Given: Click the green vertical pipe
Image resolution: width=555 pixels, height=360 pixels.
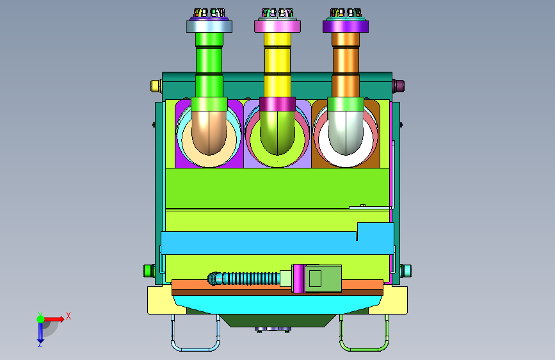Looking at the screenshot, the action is (209, 65).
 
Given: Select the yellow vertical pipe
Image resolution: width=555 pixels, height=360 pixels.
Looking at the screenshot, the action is (278, 65).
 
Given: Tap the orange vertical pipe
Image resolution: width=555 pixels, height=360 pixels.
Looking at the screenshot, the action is (346, 65).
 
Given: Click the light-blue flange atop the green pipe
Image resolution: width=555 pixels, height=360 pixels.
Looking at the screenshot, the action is (209, 26).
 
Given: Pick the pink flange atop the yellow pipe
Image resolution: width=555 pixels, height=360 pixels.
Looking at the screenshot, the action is (278, 26).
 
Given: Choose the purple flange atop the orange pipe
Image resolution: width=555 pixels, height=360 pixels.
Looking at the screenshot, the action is (346, 26).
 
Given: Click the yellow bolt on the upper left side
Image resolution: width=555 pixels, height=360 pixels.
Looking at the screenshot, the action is (156, 86).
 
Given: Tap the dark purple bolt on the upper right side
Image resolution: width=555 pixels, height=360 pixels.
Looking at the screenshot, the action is (399, 86).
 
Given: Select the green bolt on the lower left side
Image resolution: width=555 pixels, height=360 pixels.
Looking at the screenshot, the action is (149, 271).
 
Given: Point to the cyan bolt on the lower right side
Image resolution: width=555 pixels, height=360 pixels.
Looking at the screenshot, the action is (406, 271).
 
